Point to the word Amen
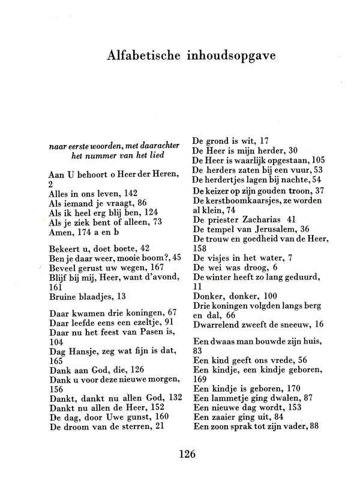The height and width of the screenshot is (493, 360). coord(59,232)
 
